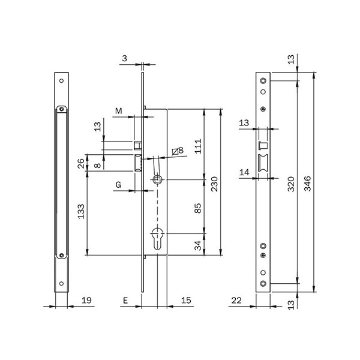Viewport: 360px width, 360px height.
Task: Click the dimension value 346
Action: coord(307,184)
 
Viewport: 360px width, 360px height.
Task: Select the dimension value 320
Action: coord(291,184)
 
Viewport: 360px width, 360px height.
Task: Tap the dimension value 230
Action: coord(214,184)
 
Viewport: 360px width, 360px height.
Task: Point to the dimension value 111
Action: coord(198,146)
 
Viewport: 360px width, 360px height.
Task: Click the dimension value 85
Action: coord(198,208)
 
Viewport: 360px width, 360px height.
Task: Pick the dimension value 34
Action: coord(198,245)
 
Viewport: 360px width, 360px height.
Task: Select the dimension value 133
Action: coord(81,211)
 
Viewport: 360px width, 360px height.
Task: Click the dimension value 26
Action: coord(81,163)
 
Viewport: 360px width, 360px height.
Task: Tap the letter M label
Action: coord(118,111)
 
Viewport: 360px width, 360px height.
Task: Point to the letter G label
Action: coord(118,185)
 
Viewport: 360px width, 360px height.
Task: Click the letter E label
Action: coord(125,301)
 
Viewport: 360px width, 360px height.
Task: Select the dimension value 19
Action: coord(86,301)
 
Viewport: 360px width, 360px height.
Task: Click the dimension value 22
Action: coord(236,301)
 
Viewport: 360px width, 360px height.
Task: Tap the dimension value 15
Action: coord(186,301)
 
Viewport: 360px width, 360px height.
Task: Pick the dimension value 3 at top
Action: coord(124,58)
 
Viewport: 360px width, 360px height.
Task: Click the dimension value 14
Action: coord(244,172)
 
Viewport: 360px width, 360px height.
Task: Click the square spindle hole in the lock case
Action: coord(157,179)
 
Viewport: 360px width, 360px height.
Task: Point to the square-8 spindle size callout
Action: coord(178,151)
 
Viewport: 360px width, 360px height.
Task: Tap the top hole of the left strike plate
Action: coord(61,80)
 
